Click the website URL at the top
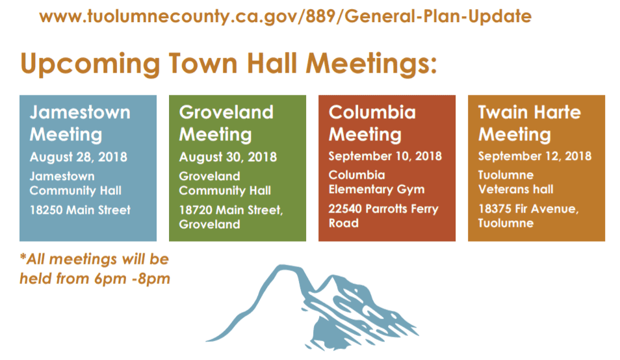(x=285, y=17)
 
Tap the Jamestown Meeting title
(x=80, y=123)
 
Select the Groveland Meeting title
(x=226, y=123)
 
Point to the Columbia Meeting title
(x=372, y=123)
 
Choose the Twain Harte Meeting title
(x=530, y=123)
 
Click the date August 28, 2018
(x=78, y=157)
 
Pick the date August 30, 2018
(x=227, y=157)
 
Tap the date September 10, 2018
(x=385, y=156)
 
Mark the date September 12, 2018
(x=535, y=156)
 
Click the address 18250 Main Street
(x=80, y=210)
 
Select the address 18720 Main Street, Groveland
(x=231, y=217)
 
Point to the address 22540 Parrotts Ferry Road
(x=383, y=216)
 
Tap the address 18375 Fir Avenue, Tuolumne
(x=528, y=216)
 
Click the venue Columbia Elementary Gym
(x=376, y=182)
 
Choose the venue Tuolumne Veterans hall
(x=515, y=182)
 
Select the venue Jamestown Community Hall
(x=75, y=183)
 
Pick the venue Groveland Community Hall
(x=225, y=183)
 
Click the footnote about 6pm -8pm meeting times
(x=95, y=269)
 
